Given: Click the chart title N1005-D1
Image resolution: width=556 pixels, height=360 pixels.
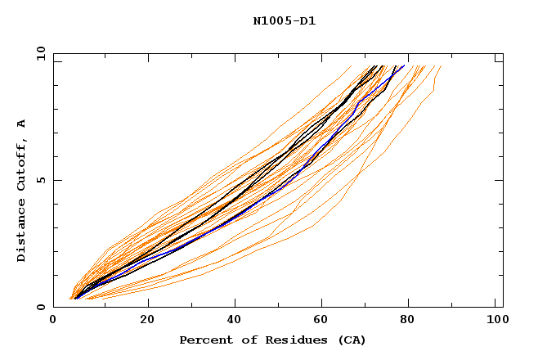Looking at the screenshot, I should tap(284, 21).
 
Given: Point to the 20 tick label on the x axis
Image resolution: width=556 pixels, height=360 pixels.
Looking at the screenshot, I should tap(147, 320).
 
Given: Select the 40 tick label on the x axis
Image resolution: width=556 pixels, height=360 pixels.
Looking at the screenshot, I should tap(235, 320).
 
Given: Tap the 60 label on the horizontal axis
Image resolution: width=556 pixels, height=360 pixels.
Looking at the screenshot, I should tap(325, 320).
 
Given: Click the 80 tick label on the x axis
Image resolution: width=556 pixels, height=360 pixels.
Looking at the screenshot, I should tap(413, 320).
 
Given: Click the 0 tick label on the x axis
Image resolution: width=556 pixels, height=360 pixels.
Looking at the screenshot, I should tap(54, 320).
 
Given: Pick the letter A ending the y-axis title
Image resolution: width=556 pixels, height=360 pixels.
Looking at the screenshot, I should tap(21, 123).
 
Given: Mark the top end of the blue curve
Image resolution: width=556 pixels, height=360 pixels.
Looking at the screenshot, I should tap(403, 65).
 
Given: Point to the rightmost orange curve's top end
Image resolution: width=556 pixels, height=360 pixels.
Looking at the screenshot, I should tap(441, 65).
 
